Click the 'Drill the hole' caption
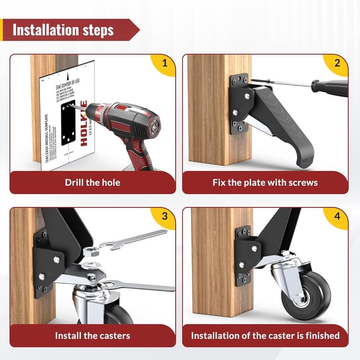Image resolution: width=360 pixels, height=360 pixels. pos(92,182)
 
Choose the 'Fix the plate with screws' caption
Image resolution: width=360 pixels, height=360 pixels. pos(265,182)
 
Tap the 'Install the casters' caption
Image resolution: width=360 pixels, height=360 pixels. pos(92,336)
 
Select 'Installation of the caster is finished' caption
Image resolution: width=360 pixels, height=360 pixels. pos(265,336)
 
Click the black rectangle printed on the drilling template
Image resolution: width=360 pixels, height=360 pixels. pos(65,120)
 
